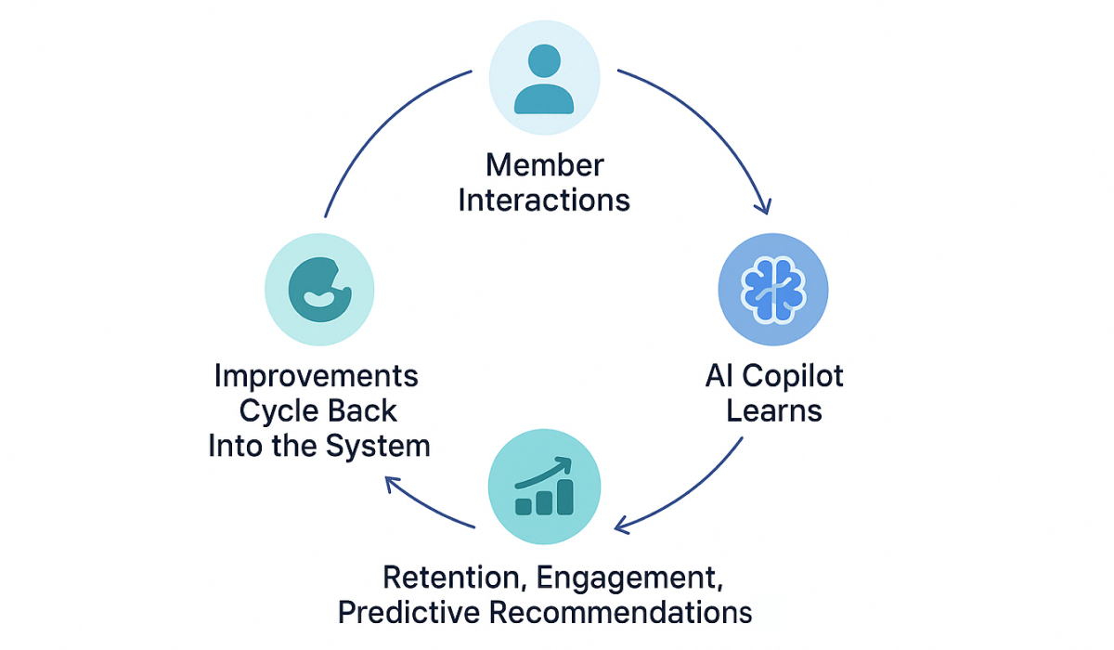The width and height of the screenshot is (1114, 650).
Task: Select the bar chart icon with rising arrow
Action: point(544,486)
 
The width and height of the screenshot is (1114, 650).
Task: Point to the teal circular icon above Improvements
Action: point(319,289)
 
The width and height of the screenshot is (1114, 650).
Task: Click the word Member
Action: point(544,166)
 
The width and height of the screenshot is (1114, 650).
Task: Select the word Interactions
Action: point(544,200)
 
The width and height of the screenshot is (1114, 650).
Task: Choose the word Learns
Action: point(773,409)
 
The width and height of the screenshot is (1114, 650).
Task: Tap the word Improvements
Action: point(317,376)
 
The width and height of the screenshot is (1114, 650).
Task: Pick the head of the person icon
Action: point(544,64)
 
